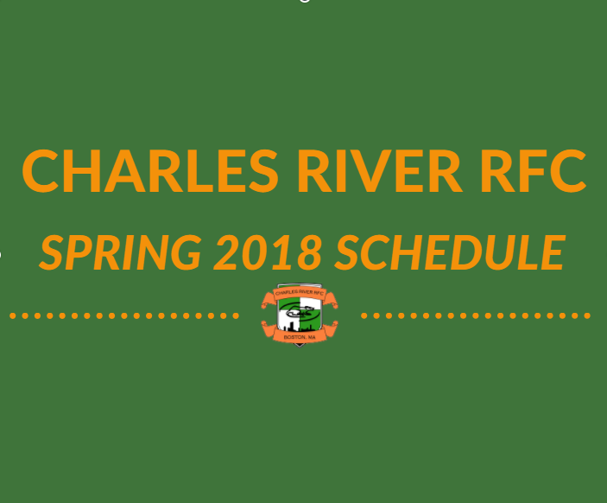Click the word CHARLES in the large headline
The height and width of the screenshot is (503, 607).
click(150, 171)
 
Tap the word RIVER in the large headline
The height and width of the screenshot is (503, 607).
click(380, 171)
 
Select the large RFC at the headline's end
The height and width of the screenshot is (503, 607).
click(534, 171)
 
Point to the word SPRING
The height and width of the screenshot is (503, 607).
click(120, 252)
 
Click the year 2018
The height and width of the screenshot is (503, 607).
click(268, 252)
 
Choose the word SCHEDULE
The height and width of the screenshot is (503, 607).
click(450, 252)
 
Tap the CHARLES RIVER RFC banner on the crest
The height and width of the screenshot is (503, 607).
click(300, 293)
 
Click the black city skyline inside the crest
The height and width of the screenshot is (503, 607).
click(299, 328)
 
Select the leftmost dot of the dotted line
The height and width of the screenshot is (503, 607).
click(13, 315)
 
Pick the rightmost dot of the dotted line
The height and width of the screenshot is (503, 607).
click(587, 315)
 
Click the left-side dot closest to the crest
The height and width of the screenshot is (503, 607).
click(236, 315)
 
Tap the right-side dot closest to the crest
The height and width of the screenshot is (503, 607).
click(364, 315)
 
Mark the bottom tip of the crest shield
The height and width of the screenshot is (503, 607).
click(300, 347)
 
